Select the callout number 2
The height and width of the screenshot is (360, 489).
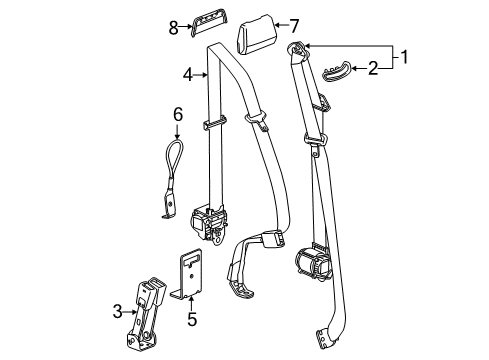373,68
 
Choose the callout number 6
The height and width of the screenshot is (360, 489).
179,116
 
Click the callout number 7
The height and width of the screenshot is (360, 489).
293,24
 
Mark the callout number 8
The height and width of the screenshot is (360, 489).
173,28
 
